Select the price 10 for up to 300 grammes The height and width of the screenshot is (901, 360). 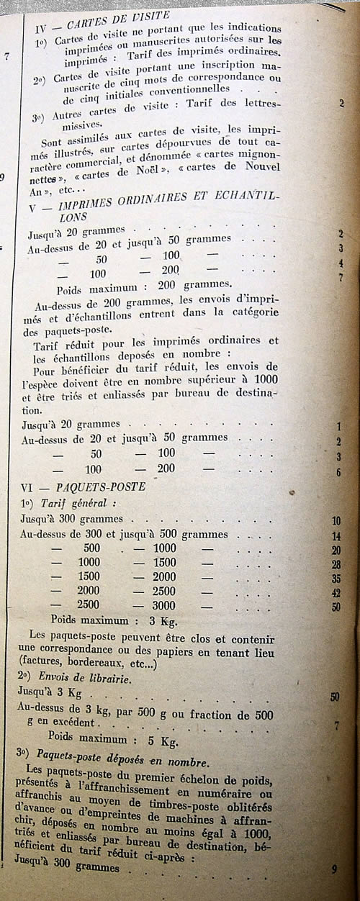tap(336, 521)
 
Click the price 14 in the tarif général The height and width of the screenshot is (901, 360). tap(336, 536)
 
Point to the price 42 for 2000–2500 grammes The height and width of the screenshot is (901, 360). tap(336, 593)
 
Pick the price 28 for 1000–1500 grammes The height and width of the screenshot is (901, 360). tap(336, 564)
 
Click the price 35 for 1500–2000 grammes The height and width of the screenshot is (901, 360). tap(336, 579)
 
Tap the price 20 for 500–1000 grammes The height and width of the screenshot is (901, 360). tap(336, 551)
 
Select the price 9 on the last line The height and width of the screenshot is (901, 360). tap(335, 869)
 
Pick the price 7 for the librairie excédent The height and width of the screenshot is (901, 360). tap(336, 725)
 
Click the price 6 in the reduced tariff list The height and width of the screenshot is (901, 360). tap(338, 472)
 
